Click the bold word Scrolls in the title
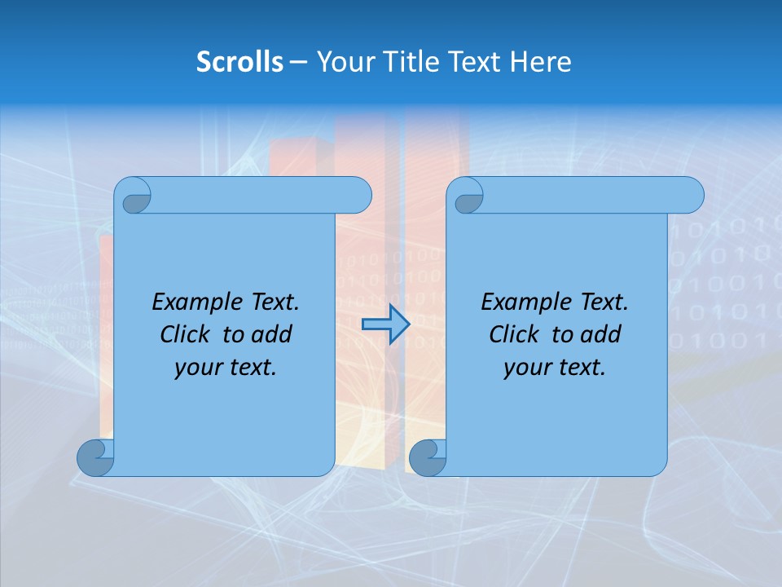tap(239, 62)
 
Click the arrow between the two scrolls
tap(385, 324)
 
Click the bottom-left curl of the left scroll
tap(95, 458)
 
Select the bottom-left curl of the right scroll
tap(427, 458)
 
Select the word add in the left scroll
tap(274, 334)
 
